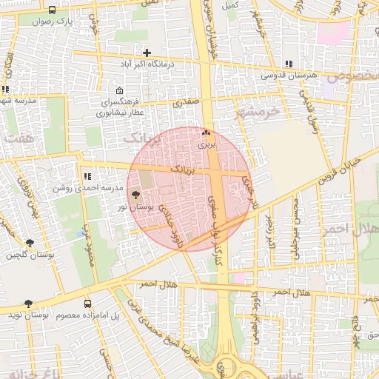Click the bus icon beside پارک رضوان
(x=52, y=10)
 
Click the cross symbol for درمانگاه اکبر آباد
(x=147, y=53)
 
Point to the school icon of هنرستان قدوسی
(x=288, y=64)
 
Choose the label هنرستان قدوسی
(x=289, y=76)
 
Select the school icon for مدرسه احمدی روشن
(x=87, y=176)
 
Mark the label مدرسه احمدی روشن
(x=78, y=188)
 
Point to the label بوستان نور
(x=133, y=207)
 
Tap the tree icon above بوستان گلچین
(x=30, y=243)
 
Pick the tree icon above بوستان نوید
(x=28, y=303)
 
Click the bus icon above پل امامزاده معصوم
(x=88, y=303)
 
